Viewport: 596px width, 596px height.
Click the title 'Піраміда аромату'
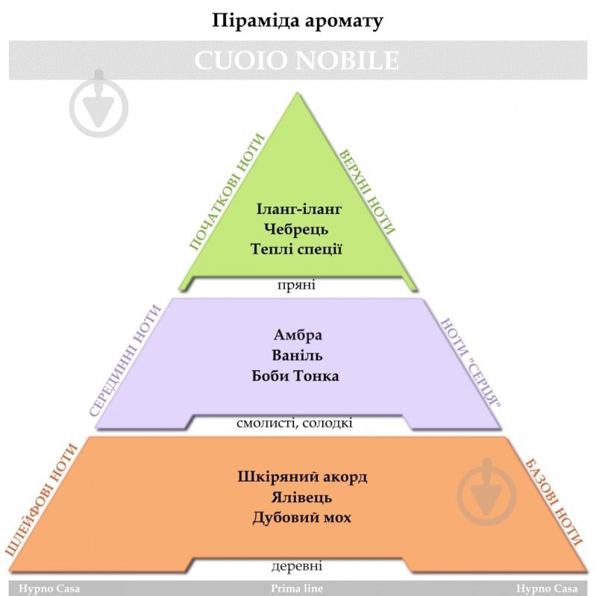pos(297,20)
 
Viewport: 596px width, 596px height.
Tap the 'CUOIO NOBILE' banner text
pos(297,61)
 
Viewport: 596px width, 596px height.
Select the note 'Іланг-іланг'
pos(298,209)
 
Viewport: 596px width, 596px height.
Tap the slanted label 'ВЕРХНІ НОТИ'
pos(367,190)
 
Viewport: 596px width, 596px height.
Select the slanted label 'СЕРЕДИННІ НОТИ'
pos(125,360)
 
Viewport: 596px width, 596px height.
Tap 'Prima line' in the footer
pos(297,589)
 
